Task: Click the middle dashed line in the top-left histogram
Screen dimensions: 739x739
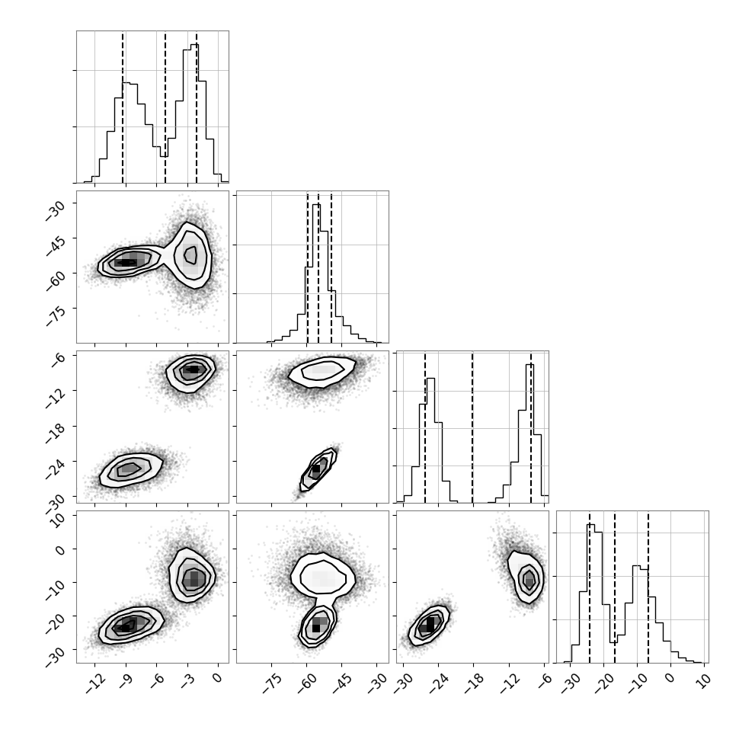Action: coord(165,107)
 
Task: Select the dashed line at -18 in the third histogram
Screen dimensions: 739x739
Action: coord(472,427)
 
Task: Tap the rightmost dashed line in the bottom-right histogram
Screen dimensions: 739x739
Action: coord(648,587)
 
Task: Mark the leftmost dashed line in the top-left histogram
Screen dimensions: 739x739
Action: coord(123,107)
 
